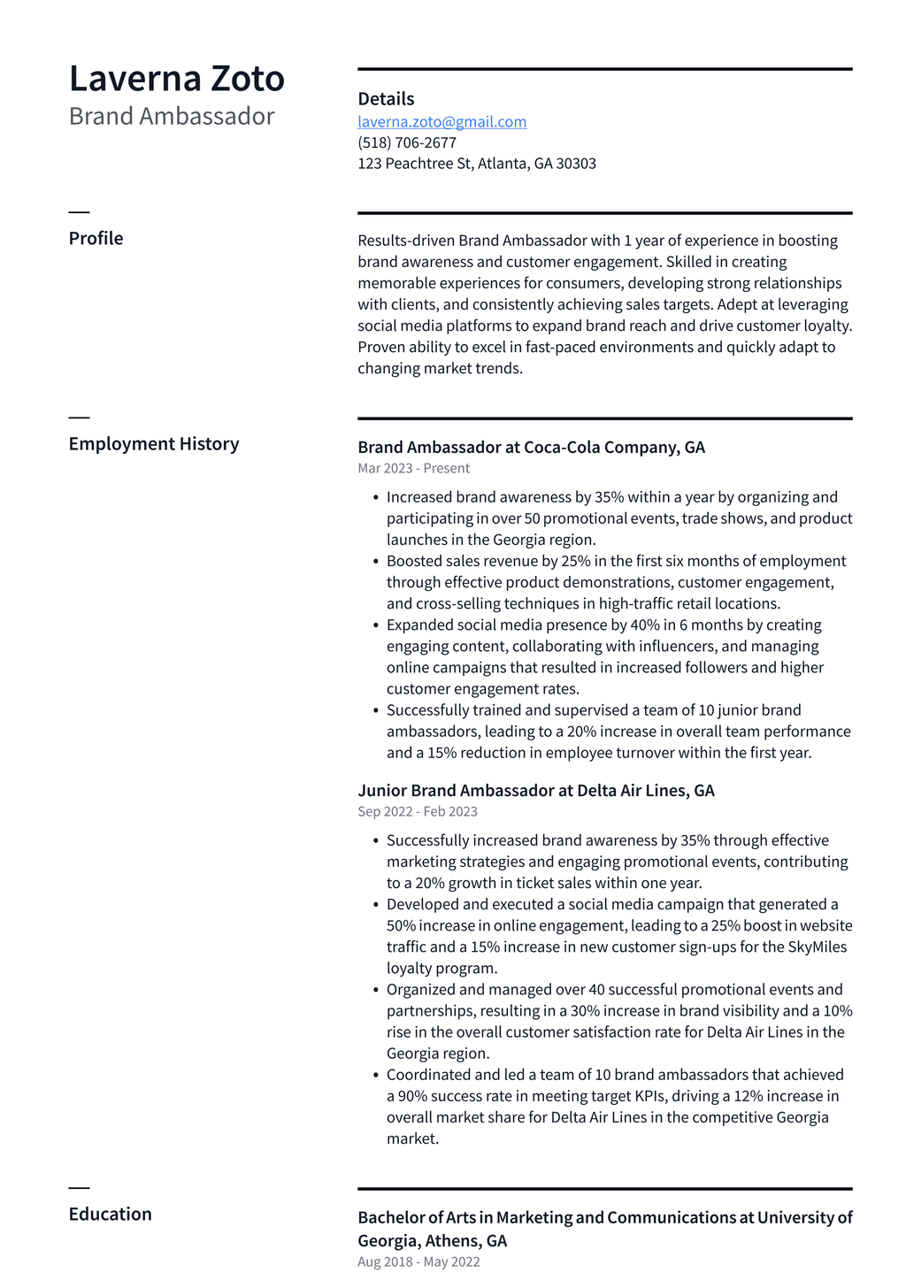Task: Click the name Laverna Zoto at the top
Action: tap(177, 79)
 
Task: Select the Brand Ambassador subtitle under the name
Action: tap(172, 117)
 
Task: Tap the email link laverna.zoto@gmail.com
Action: tap(441, 122)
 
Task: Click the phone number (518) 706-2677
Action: tap(407, 142)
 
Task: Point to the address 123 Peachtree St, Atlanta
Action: tap(476, 164)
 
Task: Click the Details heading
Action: tap(386, 99)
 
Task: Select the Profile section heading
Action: tap(96, 239)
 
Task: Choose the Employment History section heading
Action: tap(154, 444)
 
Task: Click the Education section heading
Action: tap(110, 1215)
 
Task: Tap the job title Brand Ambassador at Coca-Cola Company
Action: tap(531, 448)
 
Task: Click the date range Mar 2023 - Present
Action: tap(413, 469)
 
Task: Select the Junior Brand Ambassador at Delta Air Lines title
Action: tap(535, 791)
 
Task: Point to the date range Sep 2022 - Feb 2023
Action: tap(417, 812)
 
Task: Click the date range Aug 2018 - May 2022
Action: tap(418, 1262)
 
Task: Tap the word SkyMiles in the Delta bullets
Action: tap(817, 947)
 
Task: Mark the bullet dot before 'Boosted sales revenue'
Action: tap(376, 562)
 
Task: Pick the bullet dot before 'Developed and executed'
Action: tap(376, 905)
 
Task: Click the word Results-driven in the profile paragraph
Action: tap(405, 241)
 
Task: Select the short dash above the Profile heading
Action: tap(79, 212)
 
